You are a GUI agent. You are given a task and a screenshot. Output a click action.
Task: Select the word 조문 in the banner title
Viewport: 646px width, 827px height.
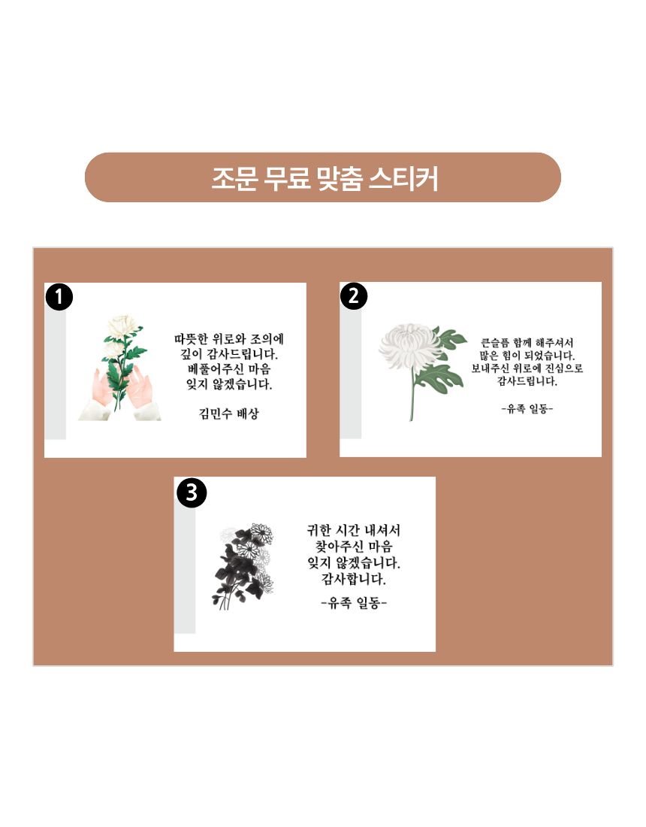[234, 179]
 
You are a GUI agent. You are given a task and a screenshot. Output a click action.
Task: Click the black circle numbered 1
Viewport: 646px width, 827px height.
[59, 297]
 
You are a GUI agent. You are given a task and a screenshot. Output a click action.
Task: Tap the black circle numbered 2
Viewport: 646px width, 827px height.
[354, 296]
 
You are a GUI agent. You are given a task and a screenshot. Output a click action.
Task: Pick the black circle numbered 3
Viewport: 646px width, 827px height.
[192, 493]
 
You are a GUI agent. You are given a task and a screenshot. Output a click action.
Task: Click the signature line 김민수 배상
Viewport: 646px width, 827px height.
[228, 413]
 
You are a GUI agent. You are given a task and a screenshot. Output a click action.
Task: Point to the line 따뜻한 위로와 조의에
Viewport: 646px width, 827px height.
[228, 339]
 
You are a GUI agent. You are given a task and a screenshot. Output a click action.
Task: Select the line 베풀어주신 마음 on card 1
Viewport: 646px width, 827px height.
[228, 369]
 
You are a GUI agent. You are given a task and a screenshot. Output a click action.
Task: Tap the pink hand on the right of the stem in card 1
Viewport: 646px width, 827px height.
[138, 388]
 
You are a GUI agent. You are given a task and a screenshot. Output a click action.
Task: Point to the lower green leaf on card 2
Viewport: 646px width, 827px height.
[439, 378]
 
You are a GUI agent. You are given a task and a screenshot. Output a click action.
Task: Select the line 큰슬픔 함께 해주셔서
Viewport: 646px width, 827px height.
[527, 343]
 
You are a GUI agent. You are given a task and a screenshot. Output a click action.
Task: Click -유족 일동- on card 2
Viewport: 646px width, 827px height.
[527, 409]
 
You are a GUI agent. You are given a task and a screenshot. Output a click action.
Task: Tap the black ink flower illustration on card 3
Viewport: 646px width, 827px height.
[243, 566]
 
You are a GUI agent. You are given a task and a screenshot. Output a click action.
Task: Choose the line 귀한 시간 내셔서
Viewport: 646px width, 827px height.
[354, 531]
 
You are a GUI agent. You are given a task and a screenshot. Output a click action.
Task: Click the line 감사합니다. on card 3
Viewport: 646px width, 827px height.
[354, 579]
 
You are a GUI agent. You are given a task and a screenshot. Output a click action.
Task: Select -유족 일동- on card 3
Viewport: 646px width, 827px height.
[354, 603]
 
